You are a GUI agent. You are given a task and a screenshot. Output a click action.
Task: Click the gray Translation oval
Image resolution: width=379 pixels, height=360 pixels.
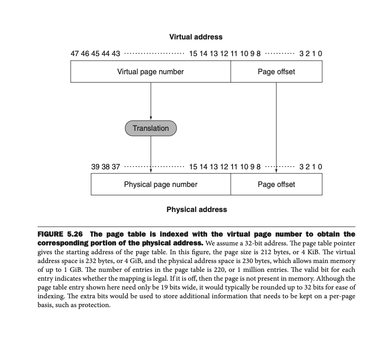tap(151, 129)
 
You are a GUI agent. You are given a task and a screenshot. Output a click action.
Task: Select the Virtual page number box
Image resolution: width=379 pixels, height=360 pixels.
tap(151, 72)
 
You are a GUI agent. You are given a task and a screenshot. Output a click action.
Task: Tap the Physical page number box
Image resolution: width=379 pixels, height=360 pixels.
tap(160, 185)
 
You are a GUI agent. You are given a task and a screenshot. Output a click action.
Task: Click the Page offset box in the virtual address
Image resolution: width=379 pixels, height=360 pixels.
tap(276, 72)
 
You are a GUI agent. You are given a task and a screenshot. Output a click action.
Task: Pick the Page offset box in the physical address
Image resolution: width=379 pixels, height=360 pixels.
tap(276, 185)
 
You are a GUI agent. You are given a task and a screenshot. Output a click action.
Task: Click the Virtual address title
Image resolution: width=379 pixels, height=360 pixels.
tap(196, 37)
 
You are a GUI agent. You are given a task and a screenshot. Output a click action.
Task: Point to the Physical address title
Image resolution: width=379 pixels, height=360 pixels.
tap(196, 210)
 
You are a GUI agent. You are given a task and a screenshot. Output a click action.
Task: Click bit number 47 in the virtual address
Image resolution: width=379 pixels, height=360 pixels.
tap(75, 53)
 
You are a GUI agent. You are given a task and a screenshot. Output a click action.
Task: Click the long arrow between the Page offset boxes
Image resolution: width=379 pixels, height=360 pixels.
tap(276, 125)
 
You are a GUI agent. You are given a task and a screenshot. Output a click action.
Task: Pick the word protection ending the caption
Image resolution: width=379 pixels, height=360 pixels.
tap(95, 305)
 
